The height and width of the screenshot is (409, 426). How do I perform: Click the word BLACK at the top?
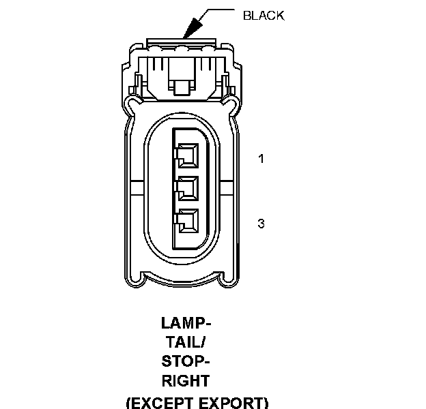[263, 15]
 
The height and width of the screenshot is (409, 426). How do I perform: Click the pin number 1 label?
[261, 160]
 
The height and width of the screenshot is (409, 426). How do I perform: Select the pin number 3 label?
[261, 223]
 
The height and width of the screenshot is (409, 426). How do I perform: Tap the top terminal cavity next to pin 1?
[186, 156]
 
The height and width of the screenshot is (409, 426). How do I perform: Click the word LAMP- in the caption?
[186, 322]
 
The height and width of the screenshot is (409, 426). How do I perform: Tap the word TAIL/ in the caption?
[186, 342]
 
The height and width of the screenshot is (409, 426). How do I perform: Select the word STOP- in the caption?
[186, 361]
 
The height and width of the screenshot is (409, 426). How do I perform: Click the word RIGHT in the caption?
[186, 380]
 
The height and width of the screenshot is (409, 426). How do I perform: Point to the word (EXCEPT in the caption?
[156, 402]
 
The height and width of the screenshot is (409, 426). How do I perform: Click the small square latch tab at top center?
[182, 87]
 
